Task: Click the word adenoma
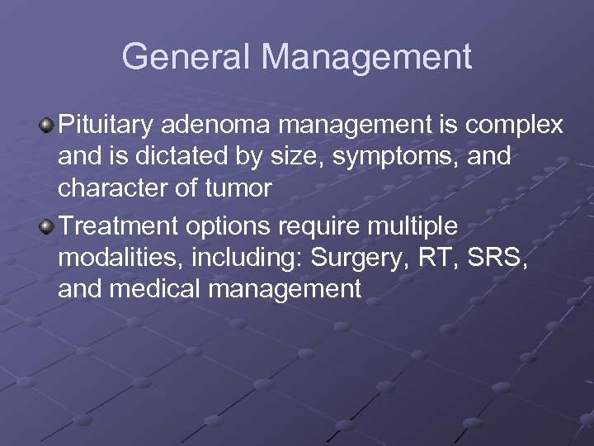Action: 210,125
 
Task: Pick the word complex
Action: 514,126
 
